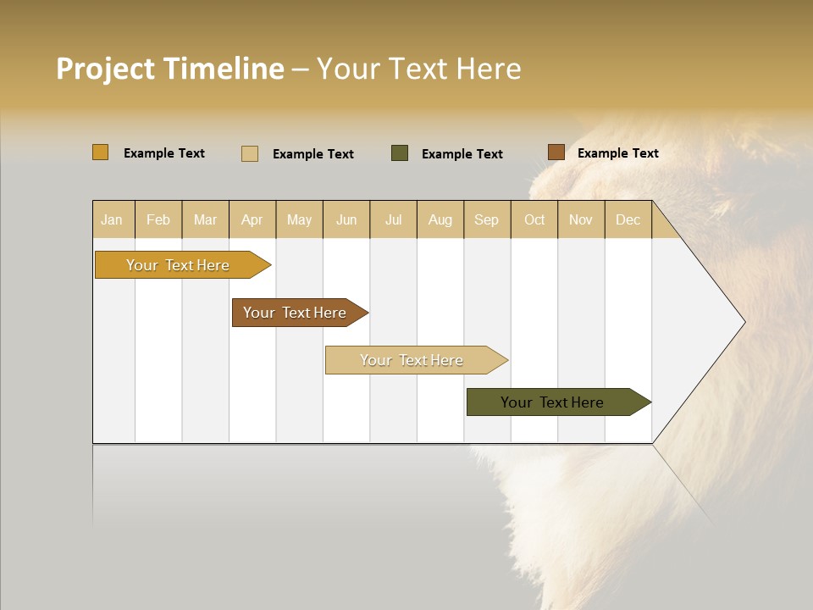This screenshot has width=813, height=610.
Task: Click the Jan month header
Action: click(x=113, y=219)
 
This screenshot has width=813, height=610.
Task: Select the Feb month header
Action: click(x=158, y=219)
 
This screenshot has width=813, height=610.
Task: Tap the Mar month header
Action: click(x=205, y=219)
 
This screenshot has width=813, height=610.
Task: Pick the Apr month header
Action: click(x=252, y=219)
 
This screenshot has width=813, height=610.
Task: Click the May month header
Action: click(x=299, y=219)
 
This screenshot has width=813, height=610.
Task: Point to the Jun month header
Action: click(x=346, y=219)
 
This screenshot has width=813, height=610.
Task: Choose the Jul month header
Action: click(x=393, y=219)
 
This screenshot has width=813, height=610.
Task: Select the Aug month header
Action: click(x=440, y=219)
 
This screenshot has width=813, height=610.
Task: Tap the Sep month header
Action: click(x=487, y=219)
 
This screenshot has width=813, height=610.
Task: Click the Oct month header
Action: click(x=534, y=219)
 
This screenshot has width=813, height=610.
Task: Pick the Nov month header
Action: click(x=581, y=219)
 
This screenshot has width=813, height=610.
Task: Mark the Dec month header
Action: click(x=628, y=219)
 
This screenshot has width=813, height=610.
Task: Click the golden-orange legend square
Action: click(x=101, y=152)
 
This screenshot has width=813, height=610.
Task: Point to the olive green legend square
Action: click(x=400, y=153)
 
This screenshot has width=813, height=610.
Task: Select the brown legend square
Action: click(x=556, y=152)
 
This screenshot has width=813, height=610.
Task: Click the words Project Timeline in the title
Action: click(x=170, y=69)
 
